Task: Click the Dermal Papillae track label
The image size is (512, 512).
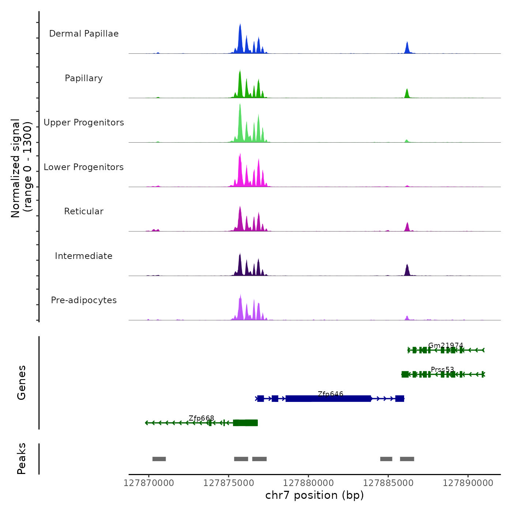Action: point(84,34)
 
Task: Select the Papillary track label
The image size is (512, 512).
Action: point(84,78)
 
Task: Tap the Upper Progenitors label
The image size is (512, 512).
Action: point(84,123)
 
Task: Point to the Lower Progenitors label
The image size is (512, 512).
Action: point(84,167)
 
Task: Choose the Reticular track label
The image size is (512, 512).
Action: point(84,211)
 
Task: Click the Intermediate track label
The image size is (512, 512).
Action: point(84,256)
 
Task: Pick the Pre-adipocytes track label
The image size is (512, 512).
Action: point(84,300)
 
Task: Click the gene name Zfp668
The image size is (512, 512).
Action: point(201,418)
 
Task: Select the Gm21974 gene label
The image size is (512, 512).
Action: point(445,345)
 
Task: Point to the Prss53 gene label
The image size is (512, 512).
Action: point(442,369)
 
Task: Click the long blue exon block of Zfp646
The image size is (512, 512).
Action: point(328,399)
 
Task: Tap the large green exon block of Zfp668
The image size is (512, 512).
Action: point(245,423)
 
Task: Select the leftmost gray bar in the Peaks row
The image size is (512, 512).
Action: point(159,459)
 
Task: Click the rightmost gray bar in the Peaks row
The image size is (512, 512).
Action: point(407,459)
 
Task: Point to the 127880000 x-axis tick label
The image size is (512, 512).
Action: point(308,483)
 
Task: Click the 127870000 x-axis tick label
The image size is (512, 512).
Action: point(149,483)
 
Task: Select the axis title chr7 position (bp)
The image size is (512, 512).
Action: point(315,495)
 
